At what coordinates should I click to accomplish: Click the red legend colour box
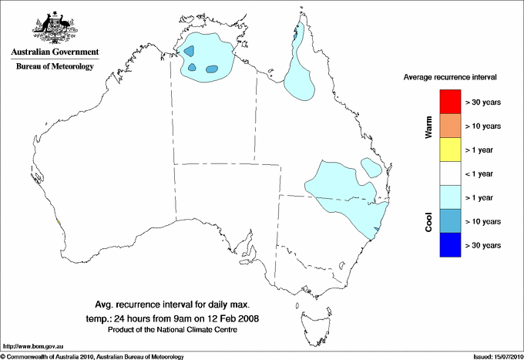pos(450,101)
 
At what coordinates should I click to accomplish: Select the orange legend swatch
pos(450,125)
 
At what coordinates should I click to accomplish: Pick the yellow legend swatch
pos(450,149)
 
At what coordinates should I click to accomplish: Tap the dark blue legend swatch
pos(450,244)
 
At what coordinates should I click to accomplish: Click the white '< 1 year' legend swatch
pos(450,173)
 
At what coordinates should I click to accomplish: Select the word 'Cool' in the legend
pos(429,221)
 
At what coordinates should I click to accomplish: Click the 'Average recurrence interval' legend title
pos(450,78)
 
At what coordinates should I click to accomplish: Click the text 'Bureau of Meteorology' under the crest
pos(55,67)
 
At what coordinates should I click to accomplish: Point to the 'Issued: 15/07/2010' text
pos(494,356)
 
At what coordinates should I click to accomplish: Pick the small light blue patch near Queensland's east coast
pos(371,167)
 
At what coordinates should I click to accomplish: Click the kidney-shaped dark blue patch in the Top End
pos(213,69)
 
